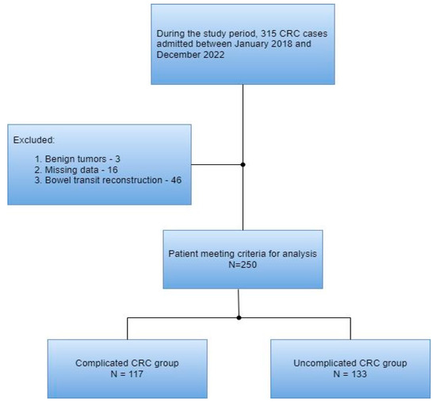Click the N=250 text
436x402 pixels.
point(242,264)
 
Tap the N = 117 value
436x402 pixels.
point(127,373)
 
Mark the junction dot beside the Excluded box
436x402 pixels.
point(243,165)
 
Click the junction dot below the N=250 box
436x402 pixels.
point(239,318)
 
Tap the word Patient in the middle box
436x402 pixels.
point(184,253)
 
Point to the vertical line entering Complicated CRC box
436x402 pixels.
point(128,328)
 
